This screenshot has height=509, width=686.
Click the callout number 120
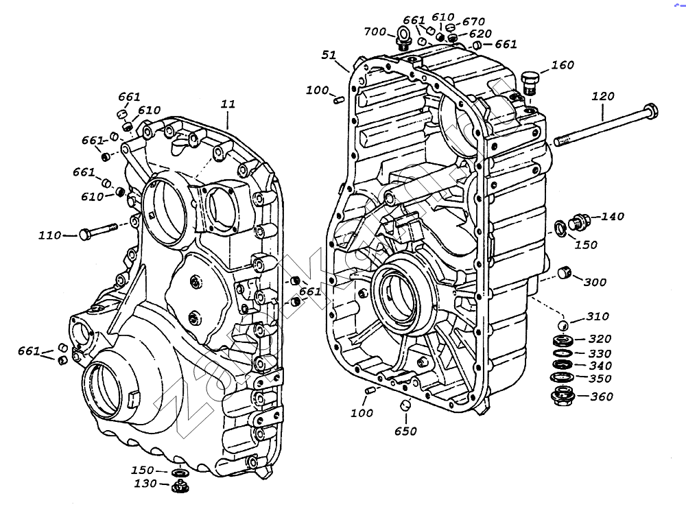tap(603, 97)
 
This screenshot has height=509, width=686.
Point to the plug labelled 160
tap(529, 82)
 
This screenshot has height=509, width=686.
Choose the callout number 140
tap(613, 217)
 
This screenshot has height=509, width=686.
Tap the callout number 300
tap(594, 282)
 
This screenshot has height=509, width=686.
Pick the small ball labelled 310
tap(562, 324)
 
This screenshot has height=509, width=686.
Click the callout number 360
tap(602, 396)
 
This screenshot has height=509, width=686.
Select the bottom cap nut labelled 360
tap(563, 396)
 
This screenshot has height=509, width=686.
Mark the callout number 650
tap(405, 431)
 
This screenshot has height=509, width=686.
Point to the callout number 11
tap(228, 104)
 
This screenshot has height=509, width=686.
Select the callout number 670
tap(473, 22)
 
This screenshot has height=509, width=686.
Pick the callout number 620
tap(480, 34)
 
